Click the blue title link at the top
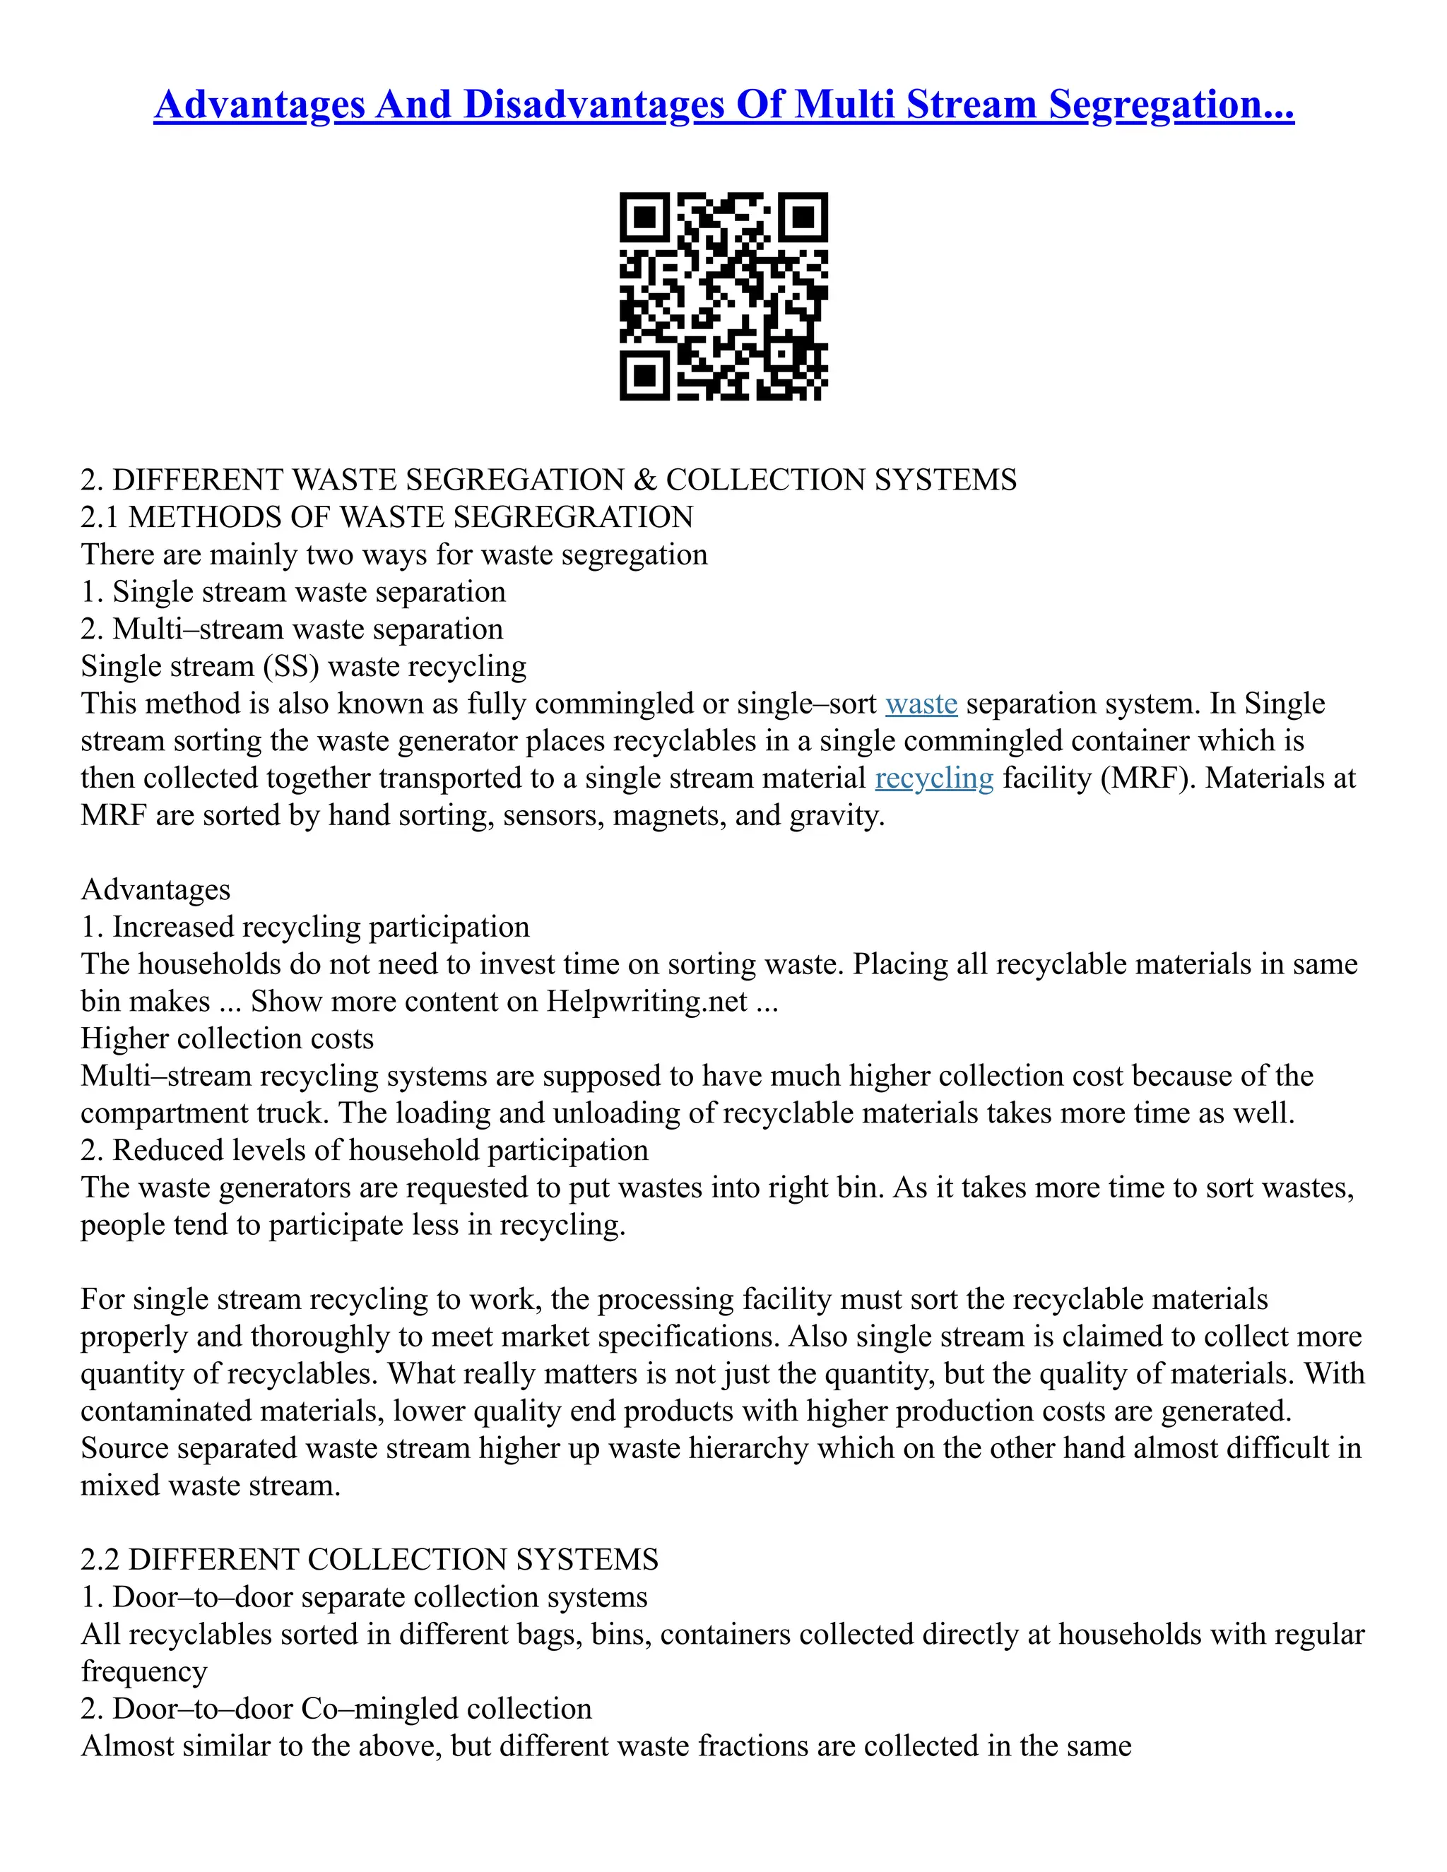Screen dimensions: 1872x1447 723,105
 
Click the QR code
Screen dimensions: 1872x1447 723,296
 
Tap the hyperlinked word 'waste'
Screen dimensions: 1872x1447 921,704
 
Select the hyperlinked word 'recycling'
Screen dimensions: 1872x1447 933,778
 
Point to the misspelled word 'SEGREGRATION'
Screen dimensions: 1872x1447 572,518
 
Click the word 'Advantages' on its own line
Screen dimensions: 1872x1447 155,889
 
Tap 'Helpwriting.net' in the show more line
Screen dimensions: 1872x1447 647,1001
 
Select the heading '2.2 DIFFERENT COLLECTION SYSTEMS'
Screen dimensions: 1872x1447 370,1559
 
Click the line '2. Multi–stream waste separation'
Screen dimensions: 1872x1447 292,629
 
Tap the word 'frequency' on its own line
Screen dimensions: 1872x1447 144,1671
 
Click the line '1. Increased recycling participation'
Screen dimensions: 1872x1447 305,928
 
